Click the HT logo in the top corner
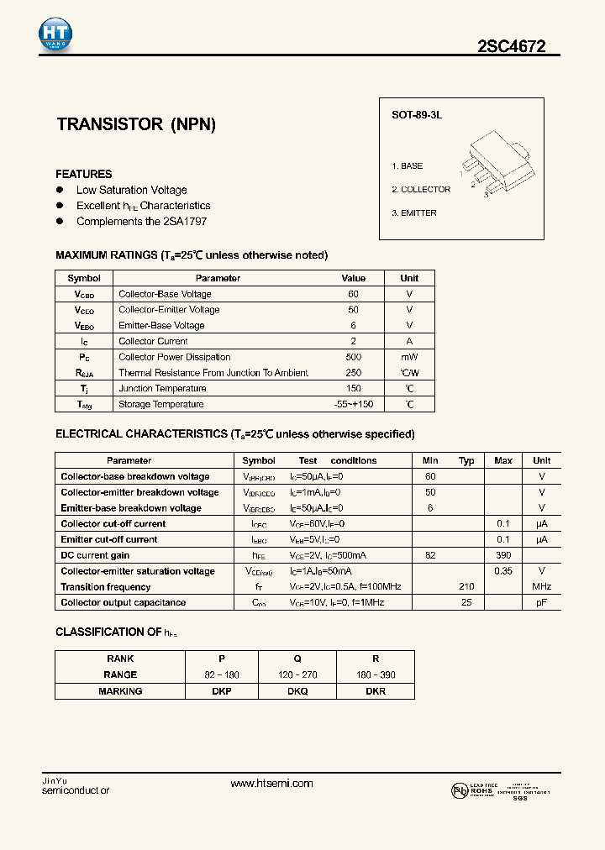pos(55,34)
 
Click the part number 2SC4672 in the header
pos(512,47)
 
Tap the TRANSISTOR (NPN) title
pos(136,124)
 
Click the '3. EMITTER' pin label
pos(413,213)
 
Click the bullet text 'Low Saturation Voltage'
pos(131,191)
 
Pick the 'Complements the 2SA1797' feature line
pos(141,222)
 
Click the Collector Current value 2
pos(353,341)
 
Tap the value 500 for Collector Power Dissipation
pos(353,357)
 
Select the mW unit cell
pos(409,357)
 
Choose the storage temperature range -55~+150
pos(353,404)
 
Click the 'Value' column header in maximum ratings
pos(353,278)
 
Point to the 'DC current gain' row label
pos(95,555)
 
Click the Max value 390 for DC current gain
pos(503,555)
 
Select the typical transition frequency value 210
pos(466,587)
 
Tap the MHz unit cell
pos(541,587)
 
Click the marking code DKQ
pos(297,691)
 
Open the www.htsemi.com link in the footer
pos(271,783)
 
